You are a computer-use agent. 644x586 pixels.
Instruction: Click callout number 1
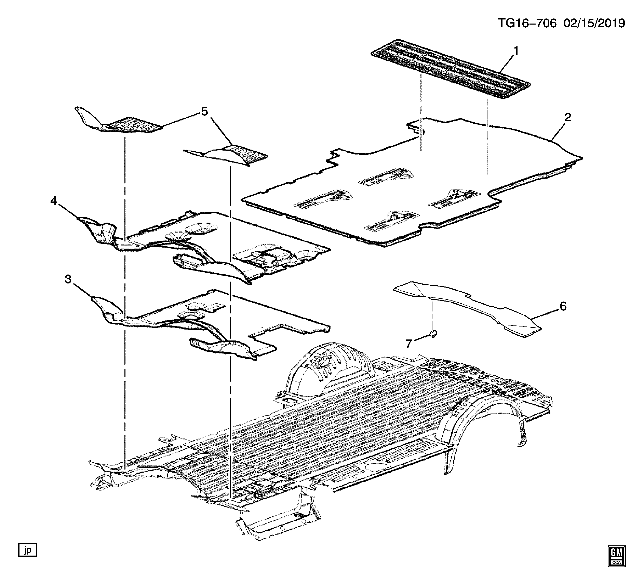(516, 51)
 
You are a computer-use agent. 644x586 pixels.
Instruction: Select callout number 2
(567, 117)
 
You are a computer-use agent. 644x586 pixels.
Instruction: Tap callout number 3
(68, 279)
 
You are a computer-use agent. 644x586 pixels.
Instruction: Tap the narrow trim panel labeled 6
(466, 306)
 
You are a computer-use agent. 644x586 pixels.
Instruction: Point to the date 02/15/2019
(594, 23)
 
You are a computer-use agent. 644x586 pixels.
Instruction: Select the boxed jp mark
(27, 550)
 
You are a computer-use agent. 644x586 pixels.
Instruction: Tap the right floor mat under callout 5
(230, 155)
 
